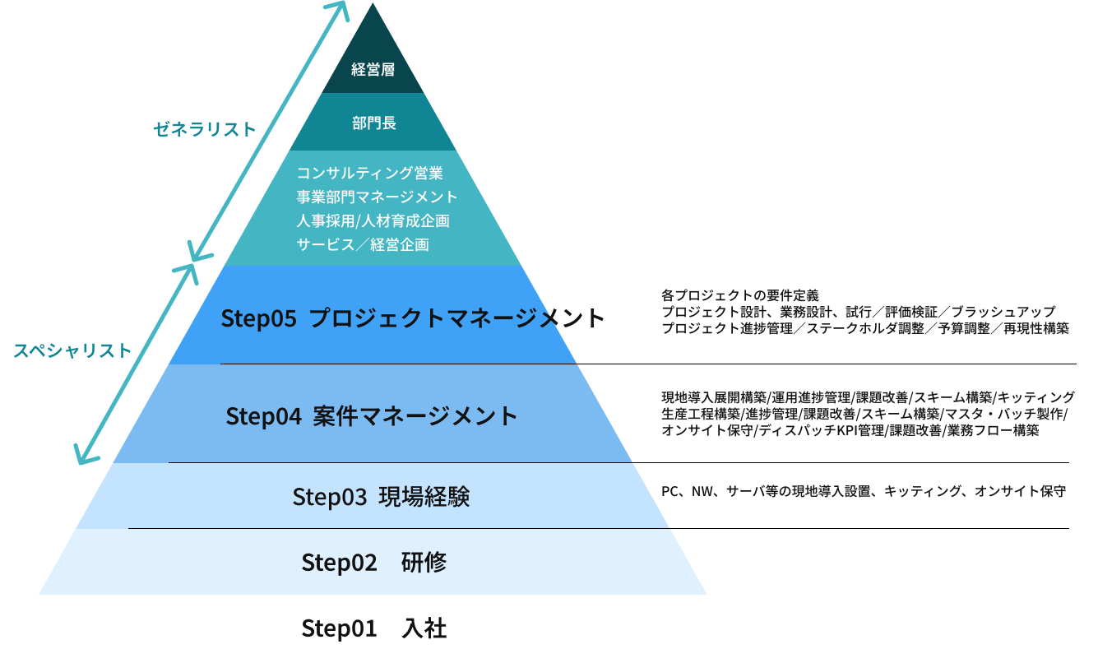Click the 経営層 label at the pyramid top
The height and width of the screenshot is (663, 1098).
point(373,70)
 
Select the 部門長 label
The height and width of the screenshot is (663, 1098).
point(374,124)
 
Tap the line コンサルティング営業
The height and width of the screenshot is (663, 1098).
point(369,174)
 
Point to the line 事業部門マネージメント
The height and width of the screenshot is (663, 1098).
point(377,197)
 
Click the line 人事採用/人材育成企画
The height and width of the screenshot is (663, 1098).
point(373,221)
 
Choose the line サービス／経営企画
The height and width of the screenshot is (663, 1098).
point(362,245)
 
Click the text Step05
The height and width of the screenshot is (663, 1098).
point(258,319)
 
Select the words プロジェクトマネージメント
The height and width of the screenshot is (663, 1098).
point(457,319)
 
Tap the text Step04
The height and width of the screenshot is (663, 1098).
point(263,417)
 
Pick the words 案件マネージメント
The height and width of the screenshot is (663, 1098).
point(415,417)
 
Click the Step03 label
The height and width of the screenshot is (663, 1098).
point(329,497)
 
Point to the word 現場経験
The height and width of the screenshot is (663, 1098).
point(424,497)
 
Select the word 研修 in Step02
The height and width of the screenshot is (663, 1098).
point(424,563)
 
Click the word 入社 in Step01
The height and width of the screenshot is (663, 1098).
point(424,629)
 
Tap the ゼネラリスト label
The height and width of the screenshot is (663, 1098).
point(205,129)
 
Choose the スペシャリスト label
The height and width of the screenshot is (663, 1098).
point(72,350)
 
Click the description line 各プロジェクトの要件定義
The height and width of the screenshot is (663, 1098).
point(740,294)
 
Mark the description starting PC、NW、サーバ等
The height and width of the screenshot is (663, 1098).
point(864,492)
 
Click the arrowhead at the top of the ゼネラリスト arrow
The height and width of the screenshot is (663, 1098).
point(337,7)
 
